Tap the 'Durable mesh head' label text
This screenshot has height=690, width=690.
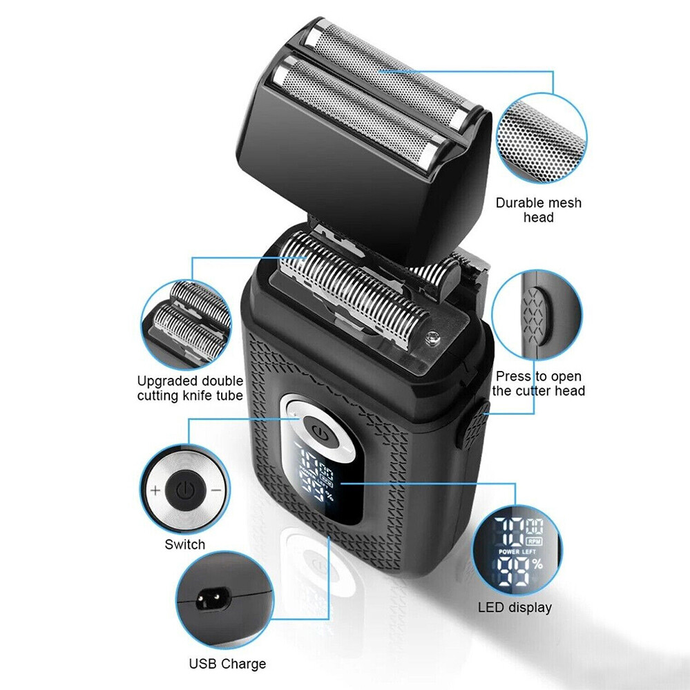539,210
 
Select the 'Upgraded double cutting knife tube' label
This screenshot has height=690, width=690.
190,388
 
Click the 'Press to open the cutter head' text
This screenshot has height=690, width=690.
538,383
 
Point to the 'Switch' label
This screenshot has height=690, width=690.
184,544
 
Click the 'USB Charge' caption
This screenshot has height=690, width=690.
227,664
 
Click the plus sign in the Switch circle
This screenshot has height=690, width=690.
155,491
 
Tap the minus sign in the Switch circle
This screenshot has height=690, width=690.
215,490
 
